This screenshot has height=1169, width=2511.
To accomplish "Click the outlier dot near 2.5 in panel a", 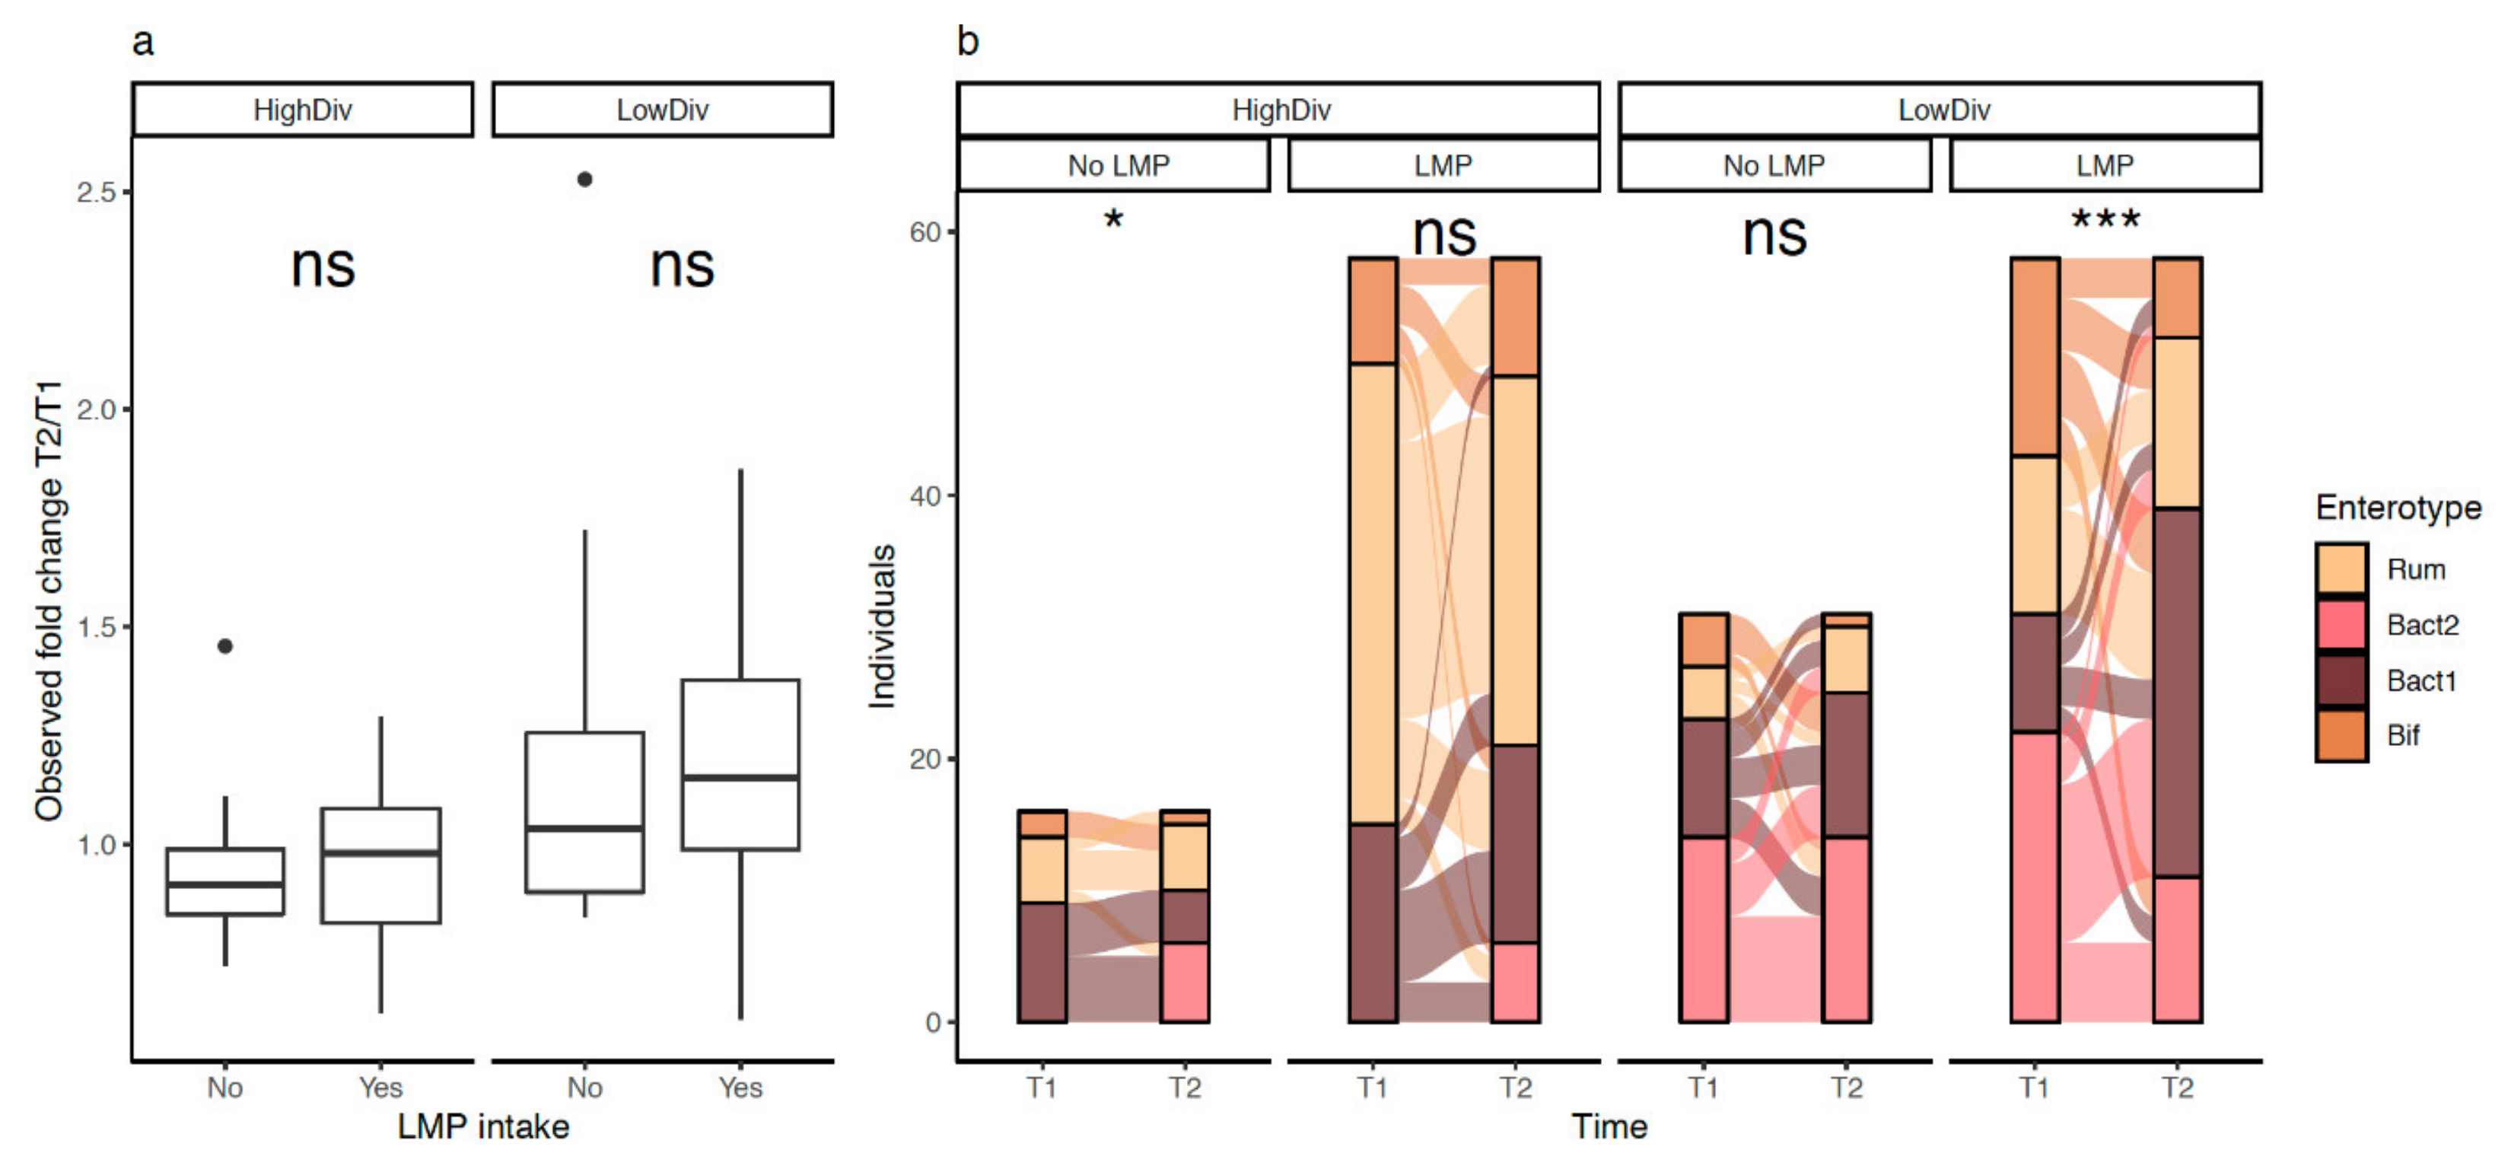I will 585,180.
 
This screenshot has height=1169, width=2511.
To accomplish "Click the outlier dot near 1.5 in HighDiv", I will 225,646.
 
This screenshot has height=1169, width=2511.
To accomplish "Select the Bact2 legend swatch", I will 2341,625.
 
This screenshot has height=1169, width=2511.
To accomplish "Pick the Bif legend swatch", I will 2341,736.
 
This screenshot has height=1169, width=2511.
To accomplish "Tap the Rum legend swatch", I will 2341,569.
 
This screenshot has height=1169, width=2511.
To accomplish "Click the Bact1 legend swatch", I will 2341,680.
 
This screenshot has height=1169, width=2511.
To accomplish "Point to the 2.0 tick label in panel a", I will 97,410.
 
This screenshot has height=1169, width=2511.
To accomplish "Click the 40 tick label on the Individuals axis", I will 925,496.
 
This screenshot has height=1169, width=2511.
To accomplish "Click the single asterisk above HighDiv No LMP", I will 1113,218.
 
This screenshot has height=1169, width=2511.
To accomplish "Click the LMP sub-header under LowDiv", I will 2105,166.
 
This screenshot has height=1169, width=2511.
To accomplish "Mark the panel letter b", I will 967,42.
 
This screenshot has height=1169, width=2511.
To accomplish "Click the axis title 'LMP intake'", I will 483,1127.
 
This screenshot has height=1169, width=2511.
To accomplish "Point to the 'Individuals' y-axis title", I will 882,626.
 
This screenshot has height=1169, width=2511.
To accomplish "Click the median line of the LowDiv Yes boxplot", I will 741,778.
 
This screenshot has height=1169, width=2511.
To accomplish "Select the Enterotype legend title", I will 2398,508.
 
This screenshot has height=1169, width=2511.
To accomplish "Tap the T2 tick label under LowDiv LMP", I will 2178,1088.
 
